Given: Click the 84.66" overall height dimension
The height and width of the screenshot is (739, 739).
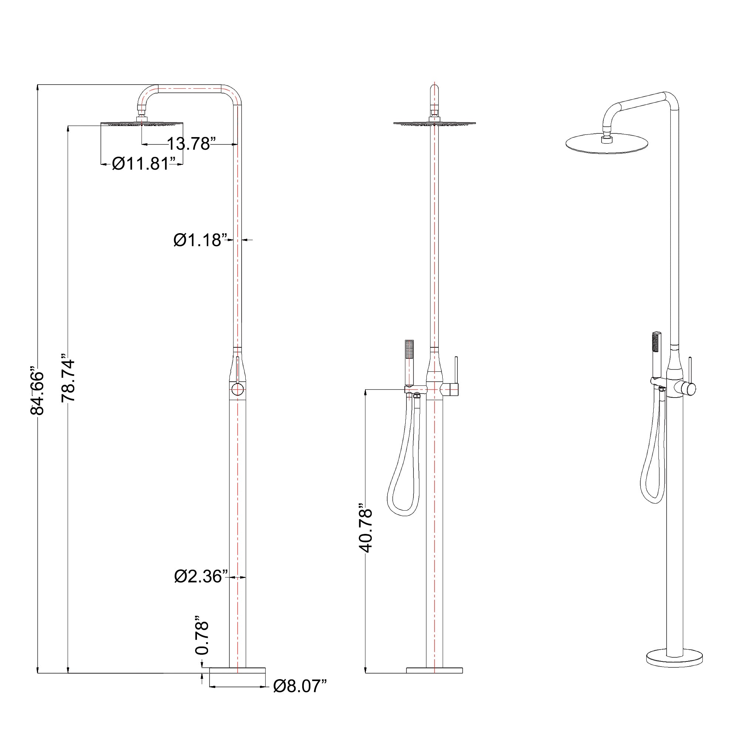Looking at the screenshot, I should pos(37,392).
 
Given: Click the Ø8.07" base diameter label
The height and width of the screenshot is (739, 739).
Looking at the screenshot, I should pos(300,686).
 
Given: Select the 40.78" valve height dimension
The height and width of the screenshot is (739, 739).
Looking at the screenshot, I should pos(366,531).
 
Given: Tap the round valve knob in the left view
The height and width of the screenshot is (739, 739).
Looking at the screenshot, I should pos(237,389).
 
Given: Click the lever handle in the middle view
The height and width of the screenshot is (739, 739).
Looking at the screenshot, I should pos(456,377).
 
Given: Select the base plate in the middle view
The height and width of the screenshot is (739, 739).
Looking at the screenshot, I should pos(434,670).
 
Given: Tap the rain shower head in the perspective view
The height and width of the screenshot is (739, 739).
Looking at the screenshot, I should pos(607,144).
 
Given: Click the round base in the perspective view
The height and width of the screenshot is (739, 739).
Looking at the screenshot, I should pos(674,658).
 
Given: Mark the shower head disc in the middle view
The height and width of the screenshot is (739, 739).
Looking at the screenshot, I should pos(434,123).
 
